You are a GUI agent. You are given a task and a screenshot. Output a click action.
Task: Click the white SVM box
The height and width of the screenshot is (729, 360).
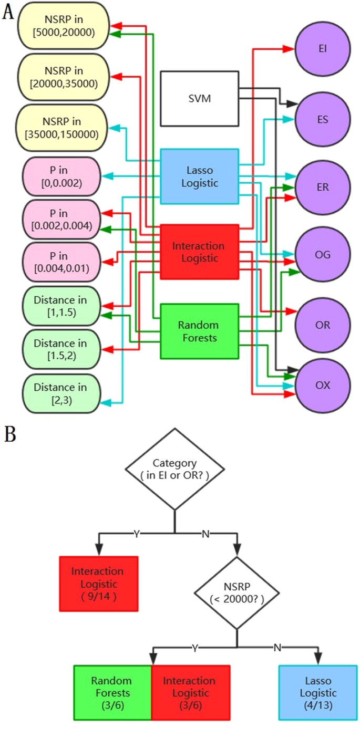[199, 99]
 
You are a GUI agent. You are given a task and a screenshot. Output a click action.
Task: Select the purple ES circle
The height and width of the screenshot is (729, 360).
[323, 119]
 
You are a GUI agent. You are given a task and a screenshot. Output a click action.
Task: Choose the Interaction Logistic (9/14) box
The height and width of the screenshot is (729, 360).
[99, 584]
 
